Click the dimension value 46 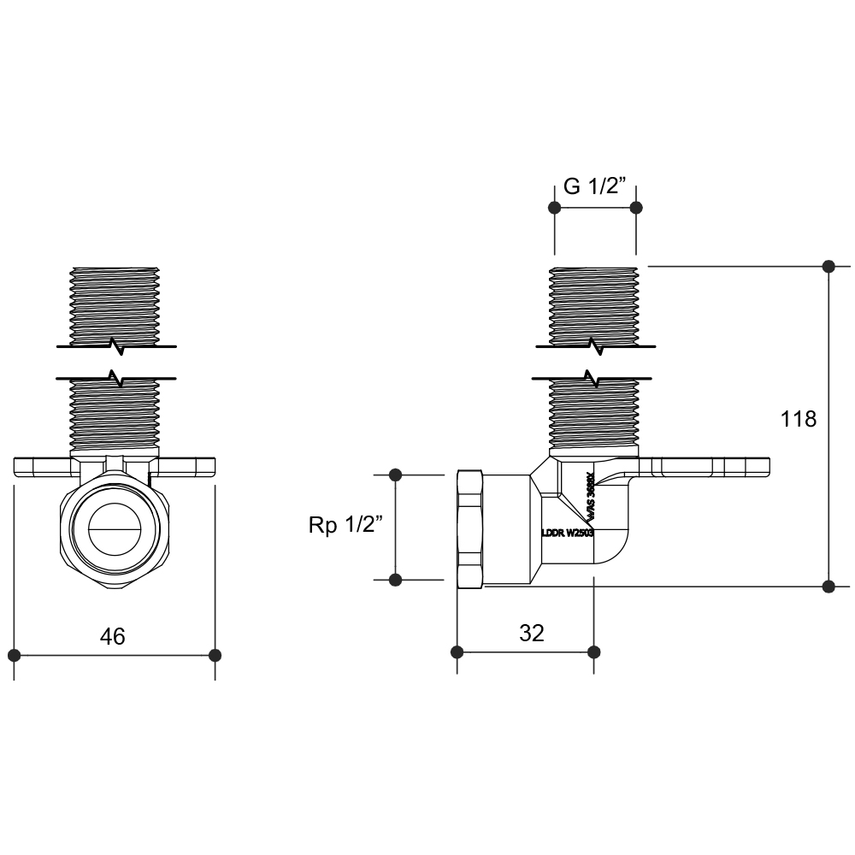pyautogui.click(x=113, y=636)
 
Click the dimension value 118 pyautogui.click(x=799, y=419)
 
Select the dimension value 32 pyautogui.click(x=532, y=633)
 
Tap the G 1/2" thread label pyautogui.click(x=595, y=187)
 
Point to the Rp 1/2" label pyautogui.click(x=342, y=526)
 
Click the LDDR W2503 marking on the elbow pyautogui.click(x=568, y=532)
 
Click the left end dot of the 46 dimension pyautogui.click(x=14, y=655)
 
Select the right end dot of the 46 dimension pyautogui.click(x=215, y=655)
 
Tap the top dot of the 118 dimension pyautogui.click(x=828, y=266)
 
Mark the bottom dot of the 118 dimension pyautogui.click(x=828, y=586)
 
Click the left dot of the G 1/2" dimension pyautogui.click(x=555, y=208)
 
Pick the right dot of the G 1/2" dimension pyautogui.click(x=635, y=208)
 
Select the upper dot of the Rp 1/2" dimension pyautogui.click(x=395, y=475)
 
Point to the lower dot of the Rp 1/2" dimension pyautogui.click(x=395, y=580)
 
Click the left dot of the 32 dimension pyautogui.click(x=457, y=652)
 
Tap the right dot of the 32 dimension pyautogui.click(x=594, y=652)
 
